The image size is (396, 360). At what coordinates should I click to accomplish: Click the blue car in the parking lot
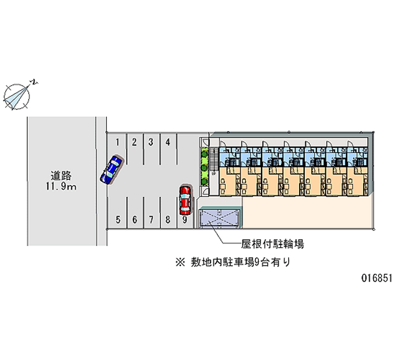coord(111,169)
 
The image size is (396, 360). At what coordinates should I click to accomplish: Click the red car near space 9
coord(185,199)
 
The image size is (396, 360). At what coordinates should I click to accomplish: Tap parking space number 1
coord(117,143)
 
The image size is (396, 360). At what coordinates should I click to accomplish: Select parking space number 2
coord(134,143)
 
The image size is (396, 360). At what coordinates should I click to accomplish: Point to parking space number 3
coord(150,143)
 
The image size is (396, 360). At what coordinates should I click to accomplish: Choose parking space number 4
coord(168,143)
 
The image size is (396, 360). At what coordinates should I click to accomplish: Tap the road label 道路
coord(61,176)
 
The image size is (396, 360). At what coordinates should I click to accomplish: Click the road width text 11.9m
coord(61,187)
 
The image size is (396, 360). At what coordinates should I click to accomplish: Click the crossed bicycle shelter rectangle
coord(219,218)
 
